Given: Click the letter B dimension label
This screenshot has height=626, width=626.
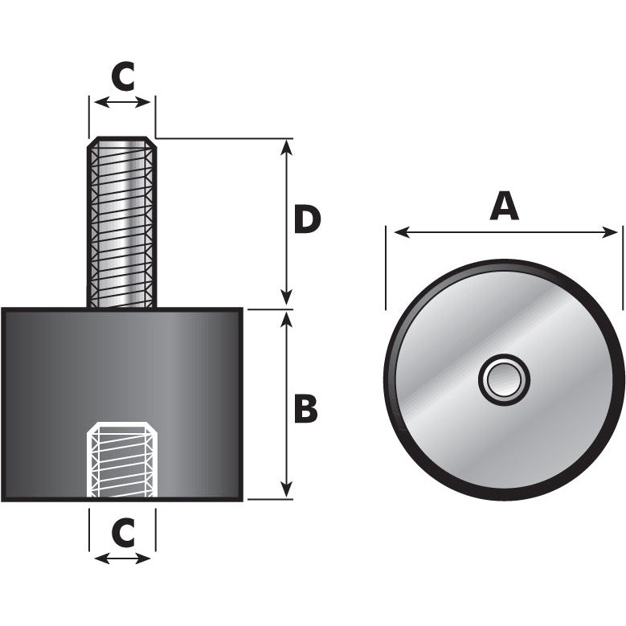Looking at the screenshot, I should coord(305,408).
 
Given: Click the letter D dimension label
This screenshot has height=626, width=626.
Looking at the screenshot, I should coord(307,220).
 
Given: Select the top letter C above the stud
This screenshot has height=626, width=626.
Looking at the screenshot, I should coord(122,76).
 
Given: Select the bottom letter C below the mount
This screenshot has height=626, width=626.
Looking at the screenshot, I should coord(122,531).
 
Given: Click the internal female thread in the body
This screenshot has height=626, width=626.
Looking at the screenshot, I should coord(121,460).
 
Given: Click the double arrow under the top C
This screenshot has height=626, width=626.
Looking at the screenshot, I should coord(122,102).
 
